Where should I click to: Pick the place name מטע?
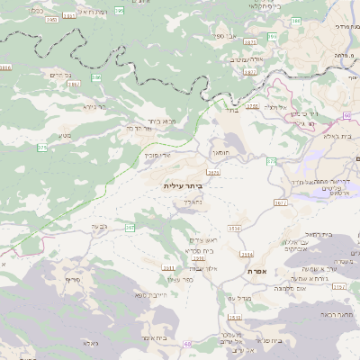pyautogui.click(x=65, y=135)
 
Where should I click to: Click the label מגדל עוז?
pyautogui.click(x=233, y=298)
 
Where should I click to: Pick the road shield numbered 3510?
pyautogui.click(x=235, y=228)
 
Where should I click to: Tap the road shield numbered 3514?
pyautogui.click(x=246, y=254)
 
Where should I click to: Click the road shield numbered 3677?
pyautogui.click(x=280, y=203)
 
